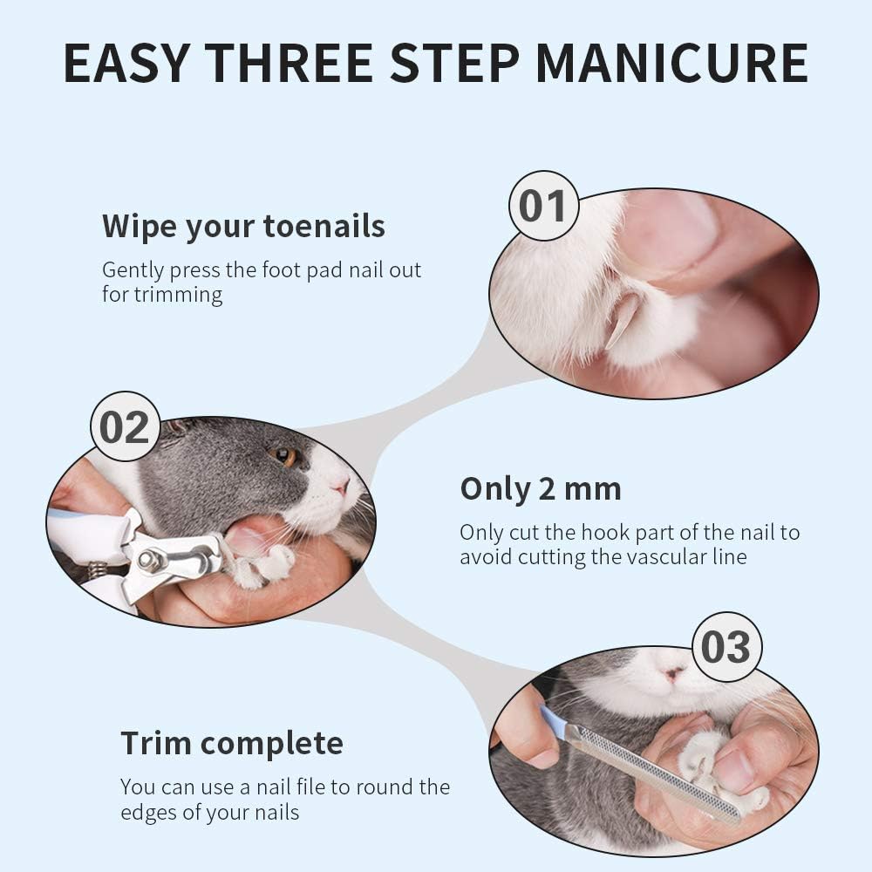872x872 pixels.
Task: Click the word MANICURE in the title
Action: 671,62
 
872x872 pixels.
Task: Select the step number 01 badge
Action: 543,206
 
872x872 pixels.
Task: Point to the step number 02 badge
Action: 125,426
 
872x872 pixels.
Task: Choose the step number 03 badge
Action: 727,647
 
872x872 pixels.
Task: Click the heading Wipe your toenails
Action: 243,227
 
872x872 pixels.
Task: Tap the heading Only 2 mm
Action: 541,489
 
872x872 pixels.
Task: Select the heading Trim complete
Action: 232,743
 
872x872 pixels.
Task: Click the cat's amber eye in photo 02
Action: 284,457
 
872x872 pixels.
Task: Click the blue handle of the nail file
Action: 553,723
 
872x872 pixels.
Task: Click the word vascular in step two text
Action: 660,556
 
